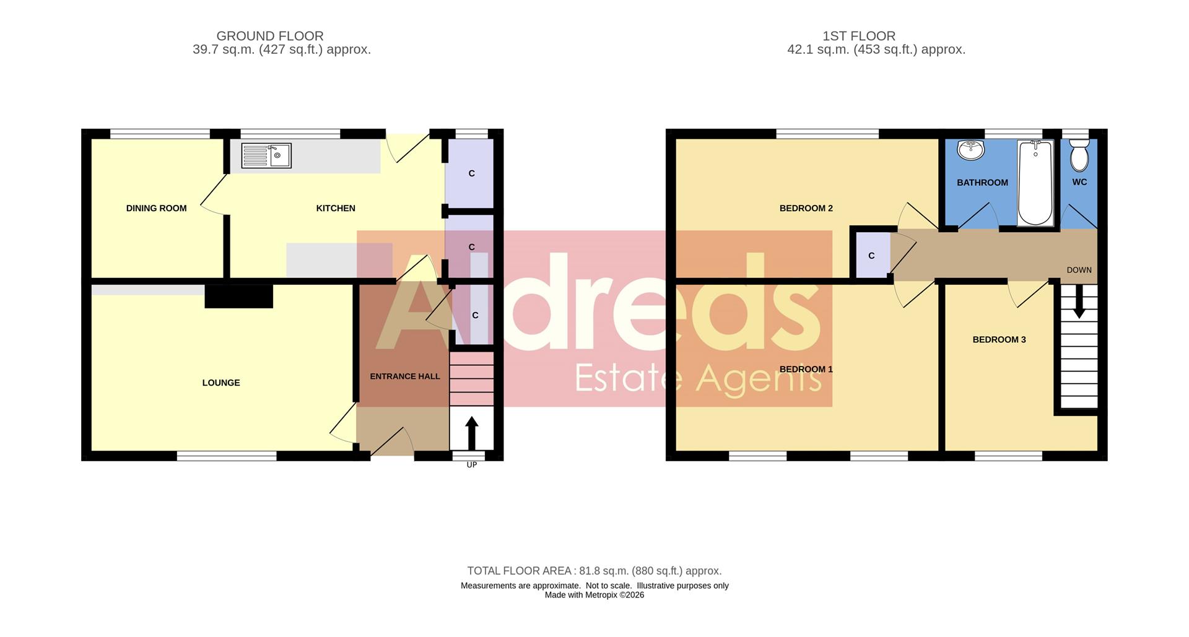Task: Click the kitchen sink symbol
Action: (266, 155)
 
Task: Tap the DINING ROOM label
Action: (156, 209)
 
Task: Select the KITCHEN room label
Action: (336, 209)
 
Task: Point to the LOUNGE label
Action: (221, 383)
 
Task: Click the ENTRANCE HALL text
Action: (405, 376)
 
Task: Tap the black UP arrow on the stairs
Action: (472, 432)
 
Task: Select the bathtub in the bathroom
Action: (1035, 183)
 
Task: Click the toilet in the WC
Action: (1079, 155)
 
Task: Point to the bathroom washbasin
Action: (970, 150)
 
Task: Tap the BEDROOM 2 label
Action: (806, 209)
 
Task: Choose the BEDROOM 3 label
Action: (999, 340)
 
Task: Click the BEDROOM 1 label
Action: (806, 370)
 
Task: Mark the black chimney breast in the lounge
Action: (239, 296)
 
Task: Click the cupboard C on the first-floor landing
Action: (871, 256)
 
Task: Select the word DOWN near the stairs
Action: (1079, 271)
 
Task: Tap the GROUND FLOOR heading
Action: (270, 37)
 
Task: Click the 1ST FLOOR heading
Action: (858, 37)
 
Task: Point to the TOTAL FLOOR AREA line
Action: (594, 571)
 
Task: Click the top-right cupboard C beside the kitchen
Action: (471, 173)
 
